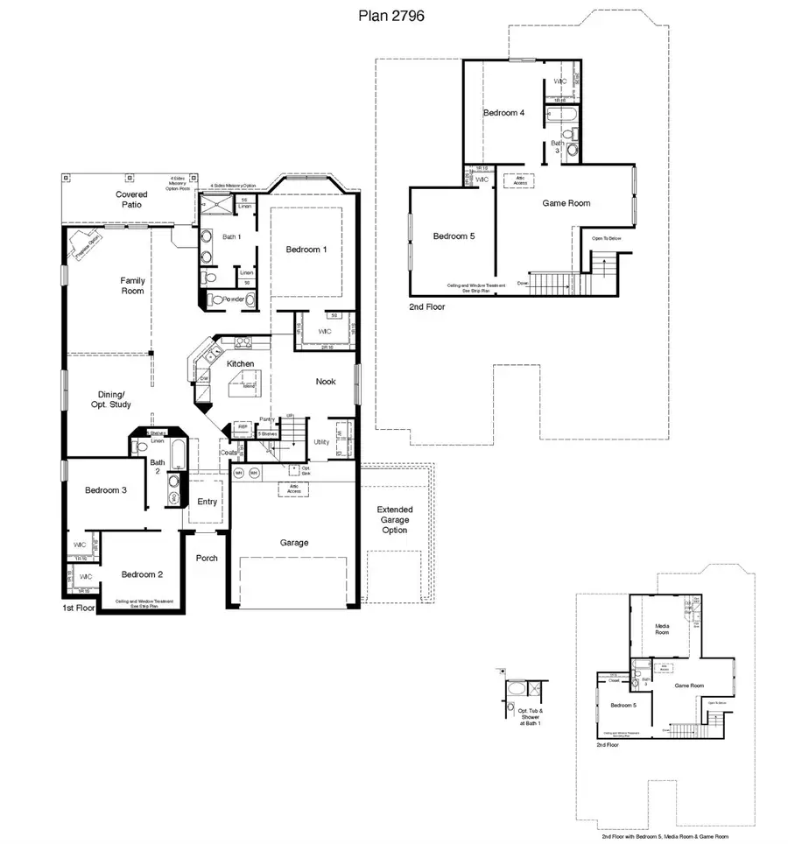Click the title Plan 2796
tap(393, 16)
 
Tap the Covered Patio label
tap(131, 200)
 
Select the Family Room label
tap(132, 285)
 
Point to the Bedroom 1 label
tap(306, 250)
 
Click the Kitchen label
tap(241, 363)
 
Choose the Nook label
tap(326, 382)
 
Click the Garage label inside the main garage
tap(294, 543)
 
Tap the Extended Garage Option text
tap(394, 520)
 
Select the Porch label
tap(207, 558)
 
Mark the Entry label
tap(208, 502)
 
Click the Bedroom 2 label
tap(142, 574)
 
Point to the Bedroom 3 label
tap(106, 490)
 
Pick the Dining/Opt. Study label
tap(110, 399)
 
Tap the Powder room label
tap(234, 299)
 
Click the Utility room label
tap(321, 442)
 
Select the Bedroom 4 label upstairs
tap(504, 113)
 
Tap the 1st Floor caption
tap(79, 608)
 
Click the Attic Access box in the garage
tap(293, 489)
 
